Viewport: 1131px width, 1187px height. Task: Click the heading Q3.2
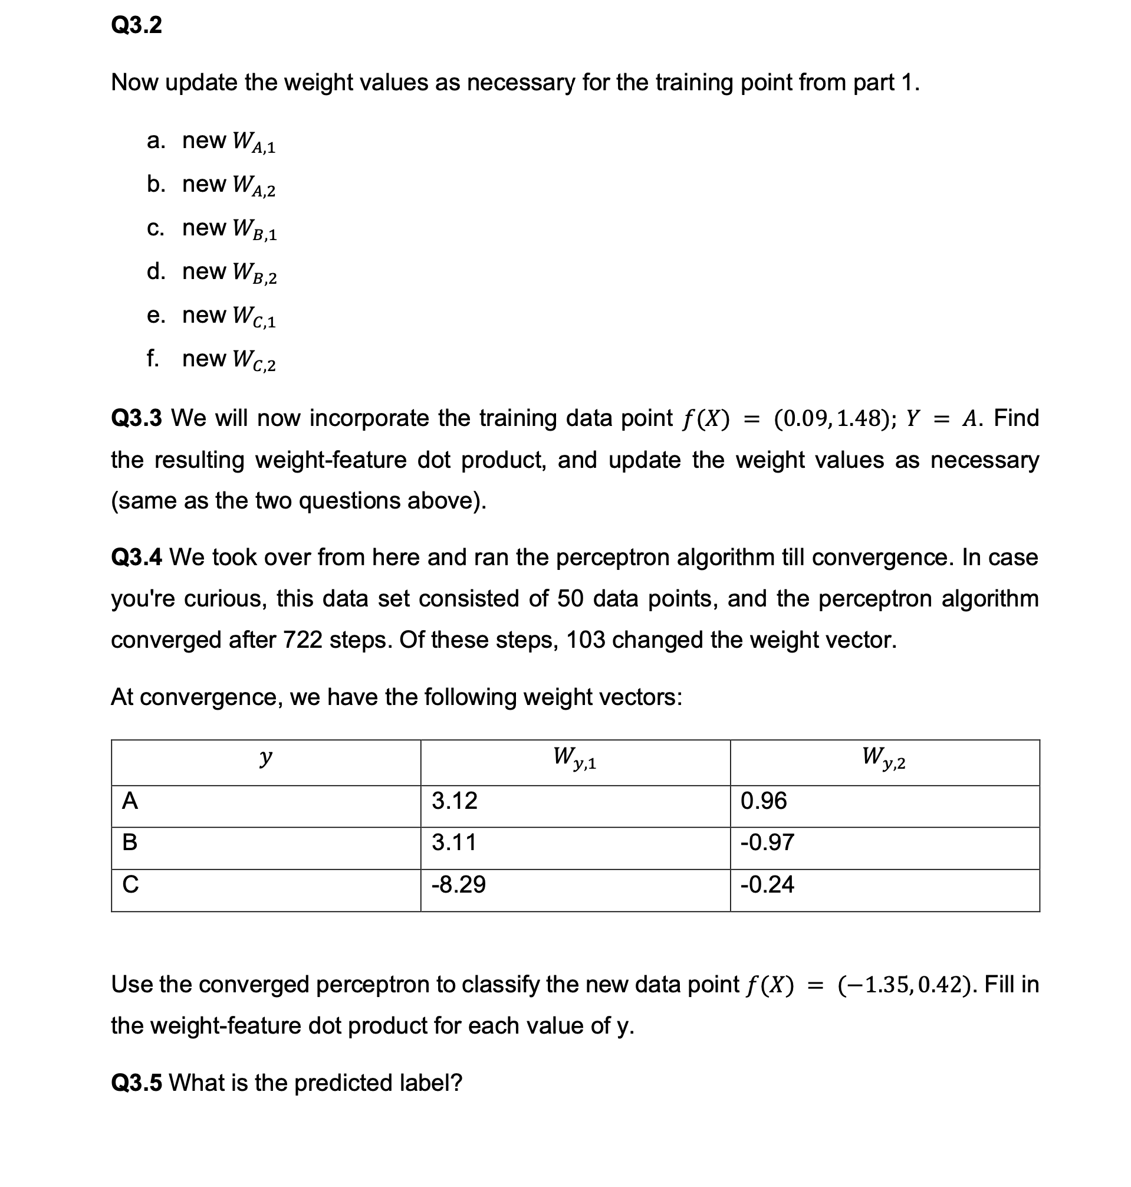tap(136, 25)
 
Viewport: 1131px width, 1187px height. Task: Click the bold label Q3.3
tap(136, 418)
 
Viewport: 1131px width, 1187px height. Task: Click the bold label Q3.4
tap(136, 558)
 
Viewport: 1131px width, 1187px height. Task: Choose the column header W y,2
tap(884, 758)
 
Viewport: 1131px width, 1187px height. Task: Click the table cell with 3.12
tap(455, 801)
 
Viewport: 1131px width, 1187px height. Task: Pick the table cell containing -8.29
tap(458, 885)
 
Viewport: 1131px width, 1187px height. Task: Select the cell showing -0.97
tap(767, 842)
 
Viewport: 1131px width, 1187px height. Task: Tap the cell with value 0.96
tap(763, 801)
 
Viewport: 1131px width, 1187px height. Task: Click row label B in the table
tap(130, 842)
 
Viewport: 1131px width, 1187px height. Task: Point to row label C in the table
tap(130, 885)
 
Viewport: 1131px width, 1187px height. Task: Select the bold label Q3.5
tap(136, 1083)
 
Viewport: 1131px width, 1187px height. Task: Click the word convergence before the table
tap(209, 697)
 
